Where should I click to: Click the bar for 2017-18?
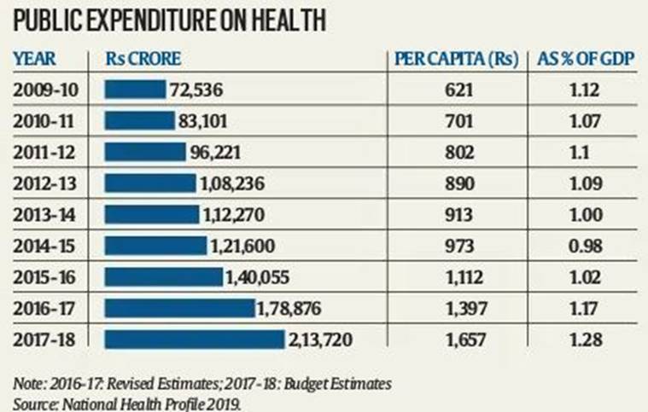point(194,339)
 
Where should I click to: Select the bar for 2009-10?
point(134,89)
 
